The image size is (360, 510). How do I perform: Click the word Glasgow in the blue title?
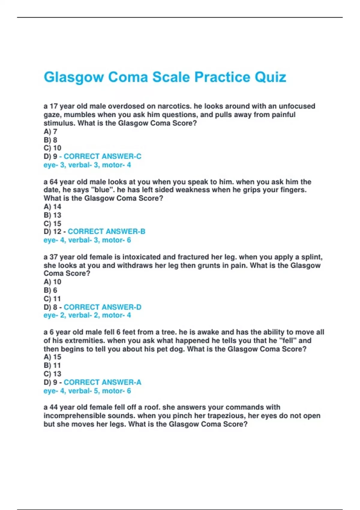73,77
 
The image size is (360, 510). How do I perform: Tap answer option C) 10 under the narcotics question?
52,148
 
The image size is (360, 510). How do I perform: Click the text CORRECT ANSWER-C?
102,156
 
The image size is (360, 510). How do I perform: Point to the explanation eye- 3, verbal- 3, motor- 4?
87,165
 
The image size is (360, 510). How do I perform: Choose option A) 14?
52,207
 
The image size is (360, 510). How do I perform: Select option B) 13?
52,215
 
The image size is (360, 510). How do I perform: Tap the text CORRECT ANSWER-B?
106,232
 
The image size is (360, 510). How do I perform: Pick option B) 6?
50,290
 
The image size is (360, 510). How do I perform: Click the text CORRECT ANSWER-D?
102,307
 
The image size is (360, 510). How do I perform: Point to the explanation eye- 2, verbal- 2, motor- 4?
87,315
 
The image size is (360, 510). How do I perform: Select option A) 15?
52,357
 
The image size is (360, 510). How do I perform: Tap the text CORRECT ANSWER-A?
102,382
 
